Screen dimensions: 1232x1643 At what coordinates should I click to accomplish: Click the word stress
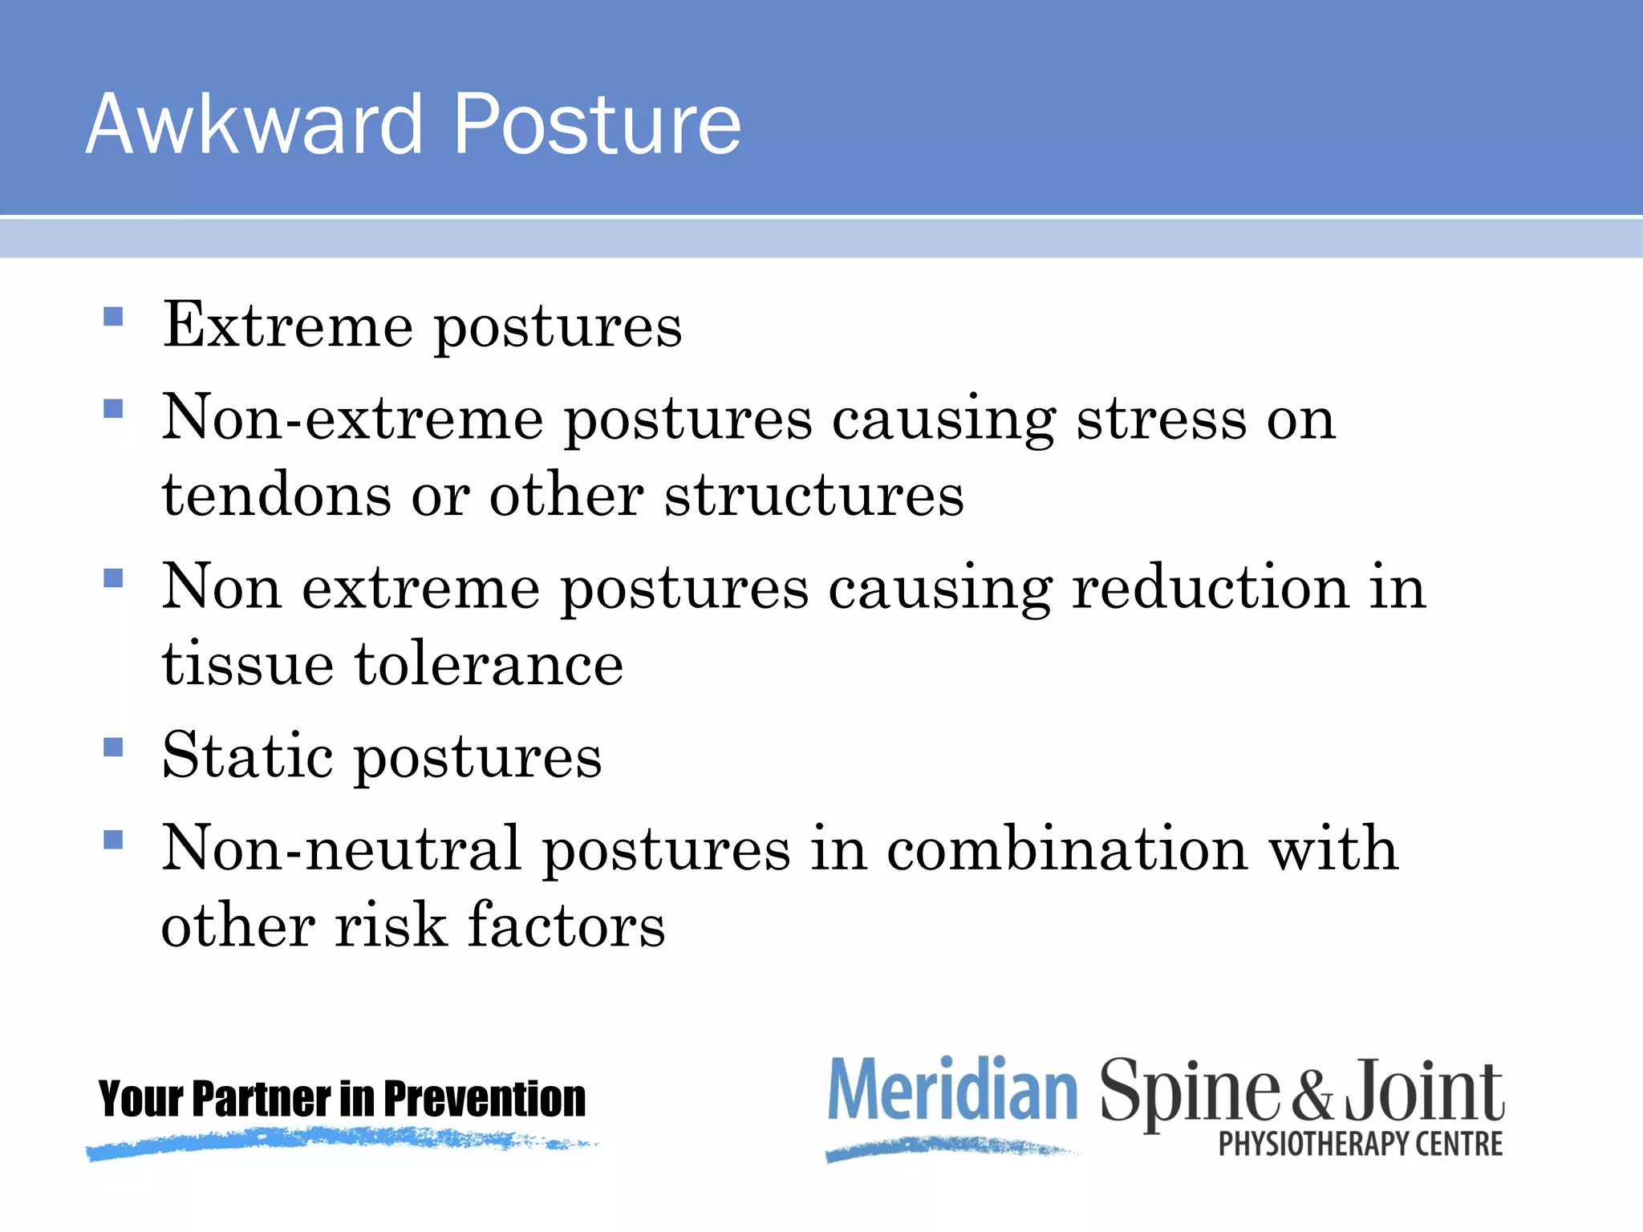pyautogui.click(x=1161, y=419)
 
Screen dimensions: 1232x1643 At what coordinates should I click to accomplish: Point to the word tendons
pyautogui.click(x=276, y=496)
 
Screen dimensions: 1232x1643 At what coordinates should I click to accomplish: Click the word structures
pyautogui.click(x=813, y=496)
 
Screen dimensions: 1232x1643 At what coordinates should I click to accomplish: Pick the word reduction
pyautogui.click(x=1211, y=587)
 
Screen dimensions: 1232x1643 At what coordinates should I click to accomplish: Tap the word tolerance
pyautogui.click(x=489, y=665)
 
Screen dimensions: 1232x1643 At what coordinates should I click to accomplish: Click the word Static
pyautogui.click(x=247, y=756)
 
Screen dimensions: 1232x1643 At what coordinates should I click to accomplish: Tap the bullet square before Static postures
pyautogui.click(x=113, y=747)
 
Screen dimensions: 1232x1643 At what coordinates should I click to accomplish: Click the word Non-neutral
pyautogui.click(x=341, y=849)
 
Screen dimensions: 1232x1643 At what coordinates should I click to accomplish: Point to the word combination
pyautogui.click(x=1067, y=849)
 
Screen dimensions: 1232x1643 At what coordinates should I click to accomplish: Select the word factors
pyautogui.click(x=566, y=926)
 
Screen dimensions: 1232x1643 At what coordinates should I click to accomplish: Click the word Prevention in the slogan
pyautogui.click(x=485, y=1099)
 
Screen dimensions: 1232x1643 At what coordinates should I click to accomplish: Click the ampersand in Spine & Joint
pyautogui.click(x=1311, y=1096)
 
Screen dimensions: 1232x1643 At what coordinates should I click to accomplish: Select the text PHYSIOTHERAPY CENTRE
pyautogui.click(x=1360, y=1145)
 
